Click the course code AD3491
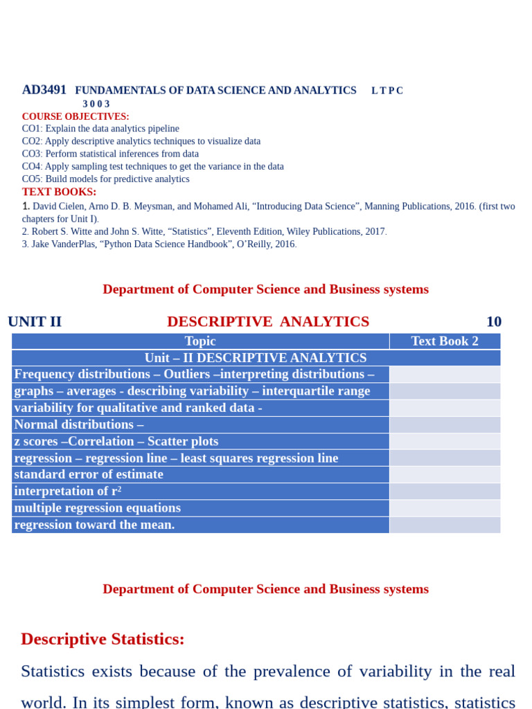tap(44, 90)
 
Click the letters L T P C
tap(387, 91)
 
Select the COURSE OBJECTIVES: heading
tap(76, 116)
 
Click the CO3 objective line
tap(110, 154)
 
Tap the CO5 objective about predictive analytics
tap(105, 179)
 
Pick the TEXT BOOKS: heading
tap(59, 192)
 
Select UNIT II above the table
tap(35, 321)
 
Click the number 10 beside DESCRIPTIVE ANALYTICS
tap(493, 321)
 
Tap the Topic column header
tap(200, 341)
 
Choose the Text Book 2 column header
tap(445, 341)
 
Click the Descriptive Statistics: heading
tap(103, 638)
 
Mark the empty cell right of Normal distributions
tap(445, 424)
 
